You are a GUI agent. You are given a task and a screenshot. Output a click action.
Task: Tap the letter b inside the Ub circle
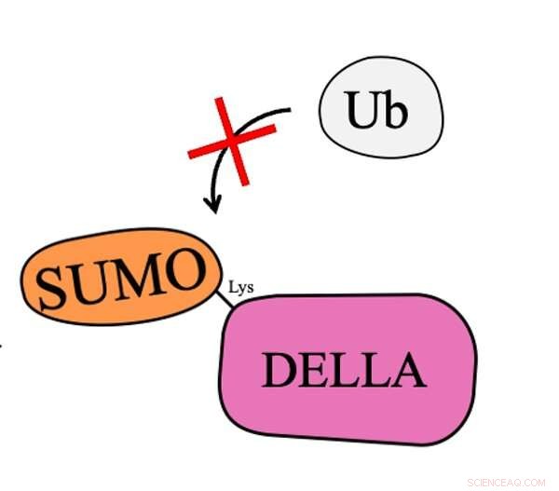(395, 108)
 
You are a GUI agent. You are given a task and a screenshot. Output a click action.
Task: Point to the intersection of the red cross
(232, 141)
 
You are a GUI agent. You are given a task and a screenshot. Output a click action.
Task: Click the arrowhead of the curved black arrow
(212, 204)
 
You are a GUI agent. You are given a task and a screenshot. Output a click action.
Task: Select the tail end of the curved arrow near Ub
(290, 110)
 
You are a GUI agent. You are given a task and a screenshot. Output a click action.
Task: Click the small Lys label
(241, 287)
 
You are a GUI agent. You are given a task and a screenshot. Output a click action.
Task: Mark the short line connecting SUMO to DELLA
(225, 299)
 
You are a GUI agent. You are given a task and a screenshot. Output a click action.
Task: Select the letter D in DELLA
(279, 370)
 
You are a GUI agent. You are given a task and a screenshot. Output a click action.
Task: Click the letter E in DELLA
(315, 370)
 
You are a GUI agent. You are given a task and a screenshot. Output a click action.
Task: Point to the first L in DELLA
(346, 370)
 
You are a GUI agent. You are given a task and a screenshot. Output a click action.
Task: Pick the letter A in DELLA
(409, 369)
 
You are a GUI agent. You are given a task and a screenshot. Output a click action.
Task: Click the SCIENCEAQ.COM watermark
(506, 483)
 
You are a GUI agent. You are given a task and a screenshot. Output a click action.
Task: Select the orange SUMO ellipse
(121, 277)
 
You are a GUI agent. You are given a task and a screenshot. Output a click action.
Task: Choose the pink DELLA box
(348, 369)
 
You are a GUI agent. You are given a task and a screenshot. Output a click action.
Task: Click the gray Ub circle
(381, 107)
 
